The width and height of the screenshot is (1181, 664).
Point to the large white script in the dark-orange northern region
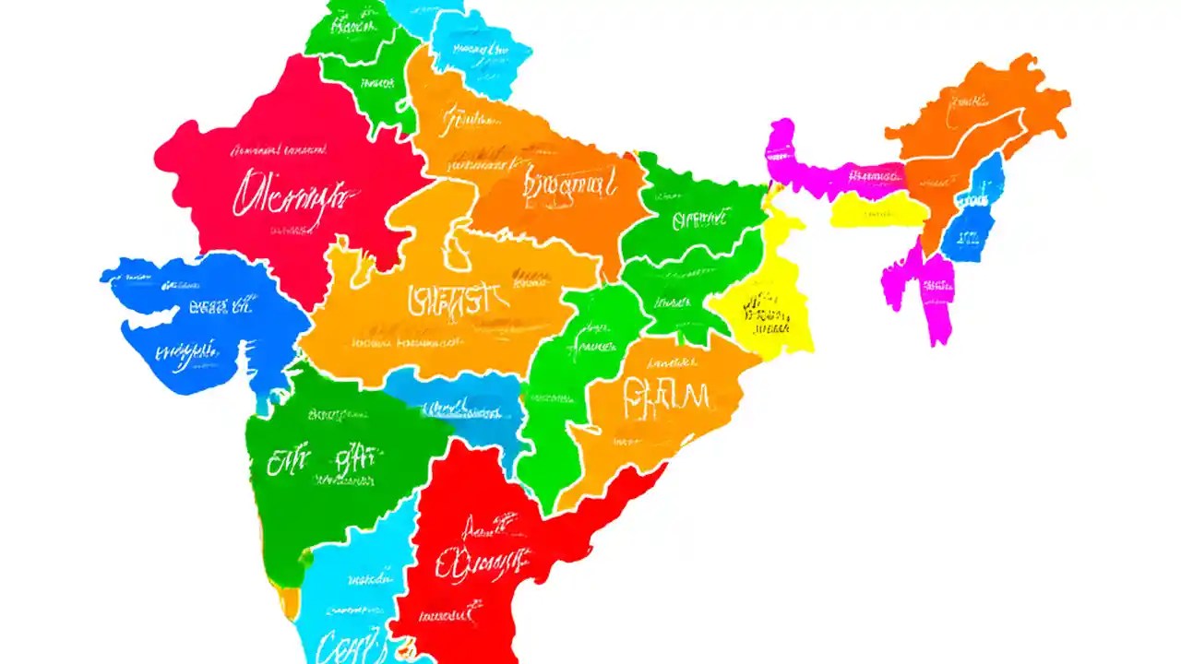pyautogui.click(x=569, y=185)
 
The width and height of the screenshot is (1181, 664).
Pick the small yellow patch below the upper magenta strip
pyautogui.click(x=877, y=211)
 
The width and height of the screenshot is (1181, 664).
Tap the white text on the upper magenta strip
pyautogui.click(x=872, y=174)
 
